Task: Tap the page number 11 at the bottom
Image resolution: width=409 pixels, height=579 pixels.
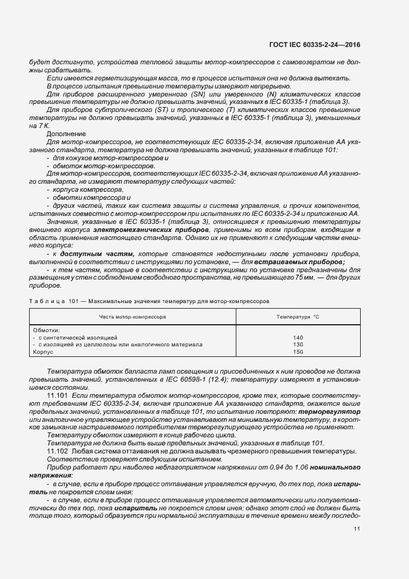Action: pyautogui.click(x=357, y=528)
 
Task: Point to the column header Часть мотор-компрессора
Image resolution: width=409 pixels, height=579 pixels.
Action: pyautogui.click(x=133, y=316)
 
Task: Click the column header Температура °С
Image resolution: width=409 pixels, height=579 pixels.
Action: pyautogui.click(x=298, y=316)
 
